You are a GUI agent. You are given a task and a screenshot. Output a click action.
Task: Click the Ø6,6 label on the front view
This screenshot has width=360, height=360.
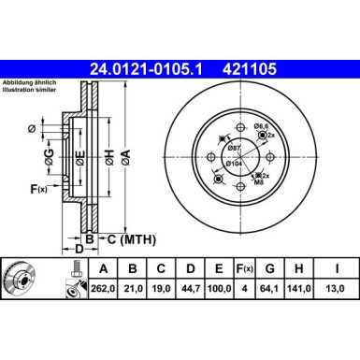(x=262, y=126)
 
